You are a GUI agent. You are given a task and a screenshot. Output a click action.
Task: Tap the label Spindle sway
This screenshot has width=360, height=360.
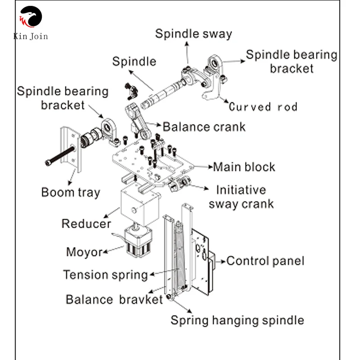point(193,34)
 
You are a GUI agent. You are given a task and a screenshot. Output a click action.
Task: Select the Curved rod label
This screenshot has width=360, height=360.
point(263,107)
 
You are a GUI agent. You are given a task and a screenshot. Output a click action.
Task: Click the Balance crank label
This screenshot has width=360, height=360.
point(204,126)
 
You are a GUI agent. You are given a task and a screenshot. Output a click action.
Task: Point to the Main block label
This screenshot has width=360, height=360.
point(244,167)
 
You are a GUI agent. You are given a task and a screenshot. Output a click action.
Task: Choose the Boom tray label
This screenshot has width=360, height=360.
point(71,193)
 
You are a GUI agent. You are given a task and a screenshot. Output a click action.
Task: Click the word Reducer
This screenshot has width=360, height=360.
point(86,224)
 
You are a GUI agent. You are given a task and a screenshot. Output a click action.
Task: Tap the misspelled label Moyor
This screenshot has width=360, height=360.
point(84,252)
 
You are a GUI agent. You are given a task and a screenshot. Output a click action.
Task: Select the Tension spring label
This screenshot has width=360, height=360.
point(105,274)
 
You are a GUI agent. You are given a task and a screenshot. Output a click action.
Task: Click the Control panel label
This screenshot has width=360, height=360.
point(265,261)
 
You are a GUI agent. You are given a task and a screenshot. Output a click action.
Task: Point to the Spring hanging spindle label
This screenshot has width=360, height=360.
point(237,320)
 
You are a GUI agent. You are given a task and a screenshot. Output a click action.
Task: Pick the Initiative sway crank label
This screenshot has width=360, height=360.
point(241,197)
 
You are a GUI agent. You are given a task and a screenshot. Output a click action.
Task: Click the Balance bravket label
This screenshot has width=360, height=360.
point(114,299)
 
